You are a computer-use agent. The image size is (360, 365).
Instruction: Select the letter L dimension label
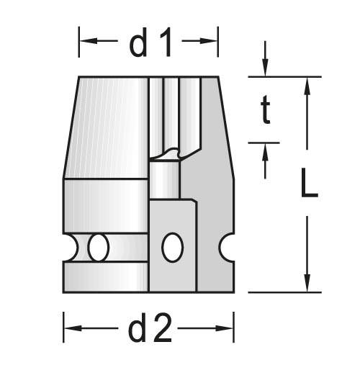click(x=309, y=185)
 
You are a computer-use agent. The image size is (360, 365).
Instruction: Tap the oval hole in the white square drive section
click(x=172, y=248)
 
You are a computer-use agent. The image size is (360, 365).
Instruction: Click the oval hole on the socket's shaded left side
click(x=99, y=248)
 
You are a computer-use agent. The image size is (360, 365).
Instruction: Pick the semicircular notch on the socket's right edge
click(x=229, y=248)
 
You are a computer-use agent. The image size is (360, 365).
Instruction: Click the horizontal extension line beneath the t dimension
click(x=264, y=142)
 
